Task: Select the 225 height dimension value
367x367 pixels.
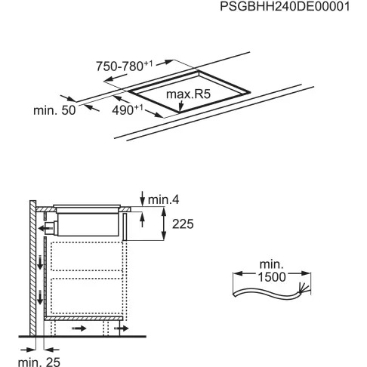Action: (x=182, y=224)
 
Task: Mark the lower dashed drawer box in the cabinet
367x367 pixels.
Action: (x=85, y=296)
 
